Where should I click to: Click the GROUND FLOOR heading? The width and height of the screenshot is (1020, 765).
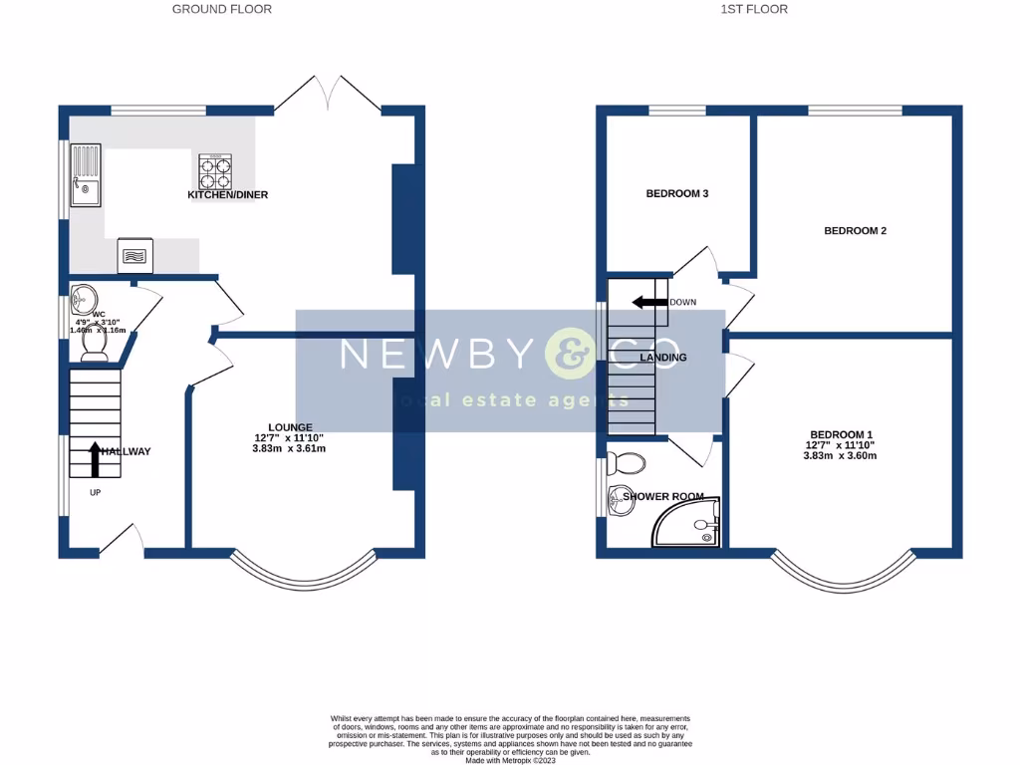click(x=221, y=9)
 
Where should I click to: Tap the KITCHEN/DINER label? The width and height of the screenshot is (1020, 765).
click(x=228, y=194)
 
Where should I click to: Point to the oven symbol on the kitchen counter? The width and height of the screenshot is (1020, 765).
click(x=134, y=255)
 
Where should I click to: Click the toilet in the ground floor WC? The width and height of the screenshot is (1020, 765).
click(x=95, y=345)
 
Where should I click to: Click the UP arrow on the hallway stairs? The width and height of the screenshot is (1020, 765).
click(x=95, y=460)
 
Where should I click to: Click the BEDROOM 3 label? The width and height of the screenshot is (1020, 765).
click(x=676, y=193)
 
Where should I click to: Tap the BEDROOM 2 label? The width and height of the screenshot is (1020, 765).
click(x=855, y=230)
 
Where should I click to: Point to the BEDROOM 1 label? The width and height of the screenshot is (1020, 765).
click(x=841, y=434)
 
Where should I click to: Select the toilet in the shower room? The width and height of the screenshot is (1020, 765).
click(x=627, y=462)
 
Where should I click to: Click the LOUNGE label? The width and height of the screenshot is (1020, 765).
click(x=291, y=427)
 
